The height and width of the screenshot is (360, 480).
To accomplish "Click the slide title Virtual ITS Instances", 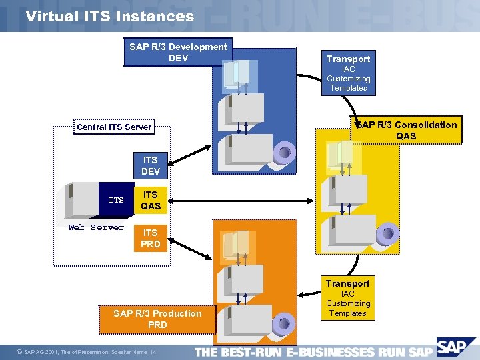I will point(109,16).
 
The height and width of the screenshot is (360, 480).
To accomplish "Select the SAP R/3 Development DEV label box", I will point(178,52).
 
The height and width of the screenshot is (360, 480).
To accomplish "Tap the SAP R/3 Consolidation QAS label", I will point(406,130).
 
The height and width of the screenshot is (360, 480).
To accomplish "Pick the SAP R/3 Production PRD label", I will point(157,319).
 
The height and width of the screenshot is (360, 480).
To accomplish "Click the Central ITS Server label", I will point(114,127).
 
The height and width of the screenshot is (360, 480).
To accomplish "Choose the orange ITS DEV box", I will point(150,166).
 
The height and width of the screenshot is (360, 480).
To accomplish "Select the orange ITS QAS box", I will point(150,200).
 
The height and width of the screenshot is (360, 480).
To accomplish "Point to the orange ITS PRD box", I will point(150,238).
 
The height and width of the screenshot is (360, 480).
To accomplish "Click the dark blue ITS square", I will point(116,199).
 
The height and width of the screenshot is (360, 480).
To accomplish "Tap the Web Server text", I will point(96,227).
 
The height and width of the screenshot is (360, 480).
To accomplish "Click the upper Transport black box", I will point(348,59).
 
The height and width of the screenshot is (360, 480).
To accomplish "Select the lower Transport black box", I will point(348,283).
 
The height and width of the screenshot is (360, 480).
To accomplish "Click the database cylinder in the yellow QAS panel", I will point(387,233).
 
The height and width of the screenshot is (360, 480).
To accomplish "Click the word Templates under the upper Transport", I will point(348,88).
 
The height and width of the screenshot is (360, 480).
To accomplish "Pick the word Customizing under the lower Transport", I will point(348,303).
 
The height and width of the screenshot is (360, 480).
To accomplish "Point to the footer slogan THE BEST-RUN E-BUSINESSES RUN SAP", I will point(313,352).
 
